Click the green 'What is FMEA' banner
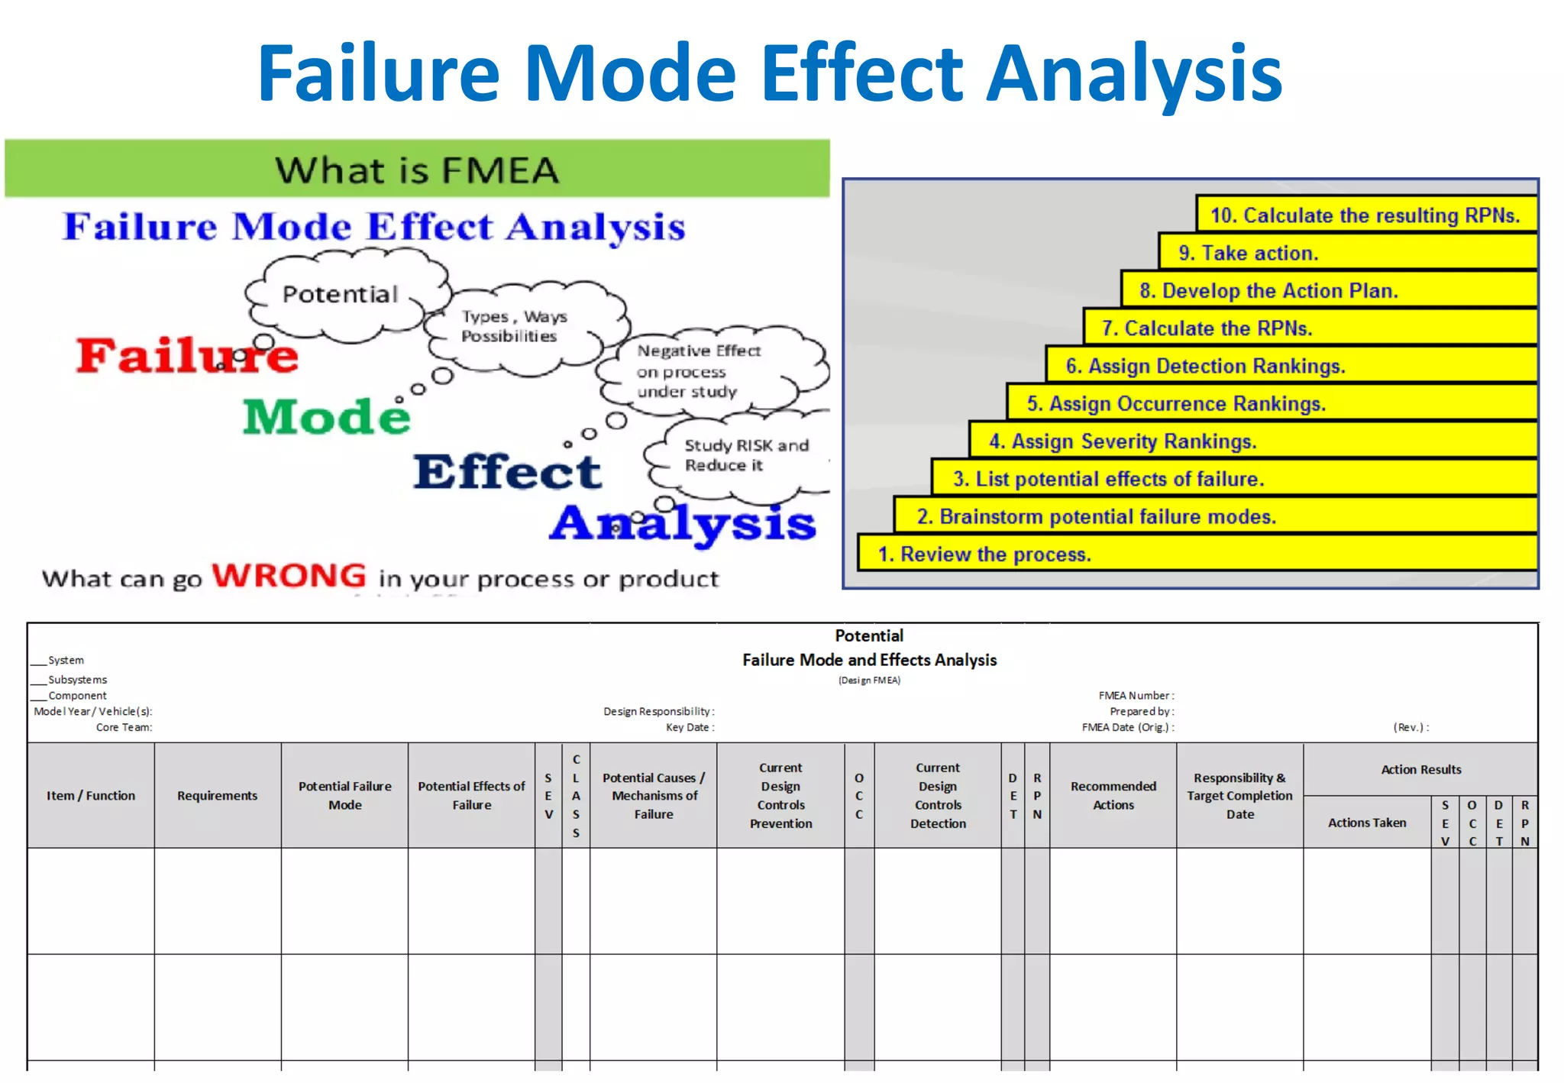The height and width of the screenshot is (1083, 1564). (417, 170)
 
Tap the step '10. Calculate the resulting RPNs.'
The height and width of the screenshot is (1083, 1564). (1365, 215)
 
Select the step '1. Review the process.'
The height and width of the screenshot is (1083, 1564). (984, 554)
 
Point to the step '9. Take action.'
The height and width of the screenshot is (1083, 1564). (1248, 253)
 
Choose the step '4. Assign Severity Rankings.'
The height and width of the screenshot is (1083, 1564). (1122, 441)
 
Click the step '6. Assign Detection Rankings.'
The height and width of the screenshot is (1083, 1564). (1204, 366)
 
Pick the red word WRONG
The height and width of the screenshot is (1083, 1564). (289, 576)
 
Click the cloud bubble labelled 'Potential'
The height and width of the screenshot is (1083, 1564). (341, 294)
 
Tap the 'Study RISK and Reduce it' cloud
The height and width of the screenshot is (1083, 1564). (745, 455)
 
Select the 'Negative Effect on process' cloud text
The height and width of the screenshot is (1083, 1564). (698, 371)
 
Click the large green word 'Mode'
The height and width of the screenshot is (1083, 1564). (327, 417)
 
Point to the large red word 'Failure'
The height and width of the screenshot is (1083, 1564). (187, 356)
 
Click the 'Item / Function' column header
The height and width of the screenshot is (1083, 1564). (91, 796)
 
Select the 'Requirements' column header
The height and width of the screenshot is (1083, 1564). (218, 796)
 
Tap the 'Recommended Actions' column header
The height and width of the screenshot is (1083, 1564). (1113, 796)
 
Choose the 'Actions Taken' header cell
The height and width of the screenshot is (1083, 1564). (1366, 823)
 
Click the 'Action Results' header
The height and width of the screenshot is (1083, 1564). (1420, 770)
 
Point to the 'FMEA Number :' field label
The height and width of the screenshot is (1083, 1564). (1136, 696)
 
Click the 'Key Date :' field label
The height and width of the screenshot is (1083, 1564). (690, 727)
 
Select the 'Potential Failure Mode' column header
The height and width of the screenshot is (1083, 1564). (344, 796)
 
